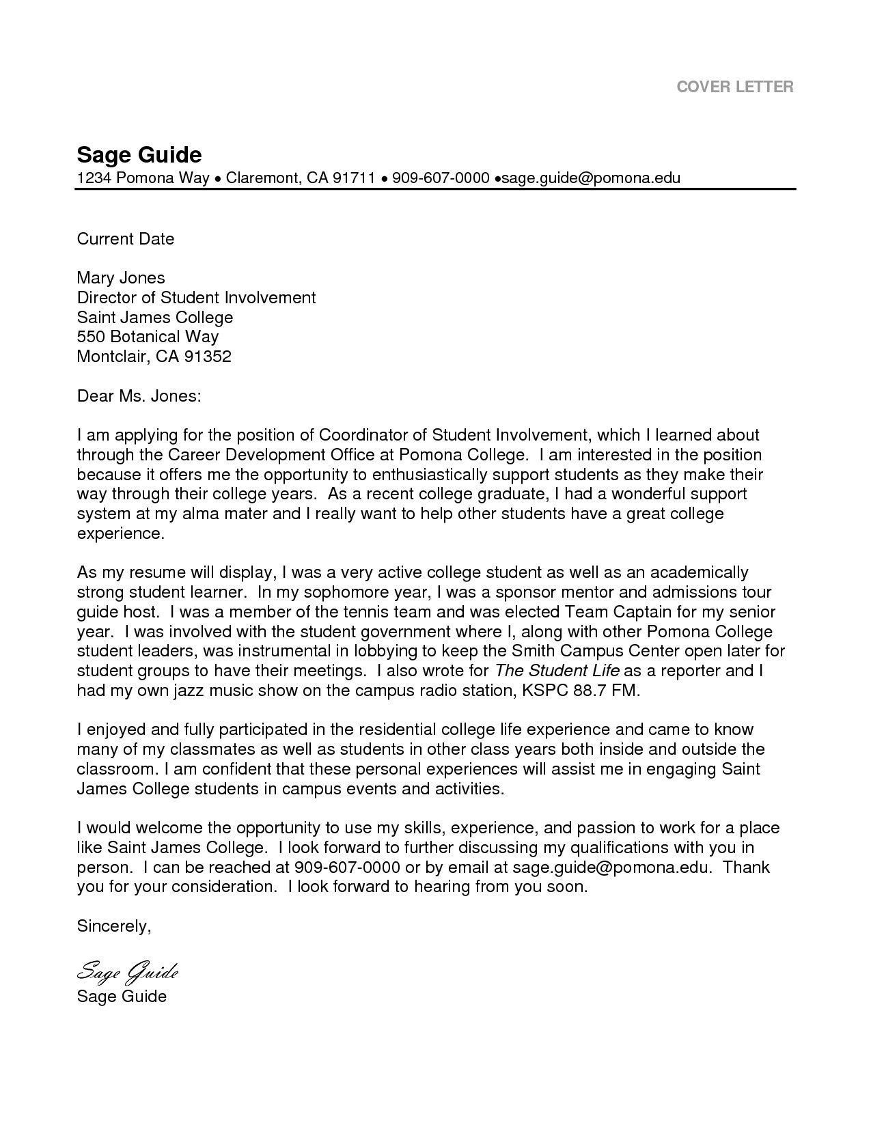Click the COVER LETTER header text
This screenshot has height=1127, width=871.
click(734, 87)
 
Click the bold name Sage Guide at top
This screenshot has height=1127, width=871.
click(139, 154)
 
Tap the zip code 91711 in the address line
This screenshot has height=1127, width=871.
click(354, 178)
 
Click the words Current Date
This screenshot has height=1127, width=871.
click(125, 238)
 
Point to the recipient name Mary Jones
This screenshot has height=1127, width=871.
click(120, 277)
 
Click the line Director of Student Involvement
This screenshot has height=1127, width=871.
click(196, 297)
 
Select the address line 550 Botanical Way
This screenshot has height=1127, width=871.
click(148, 336)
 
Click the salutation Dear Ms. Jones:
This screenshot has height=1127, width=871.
click(139, 395)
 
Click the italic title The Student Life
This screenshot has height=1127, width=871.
click(557, 670)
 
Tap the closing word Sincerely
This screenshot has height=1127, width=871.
click(113, 926)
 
